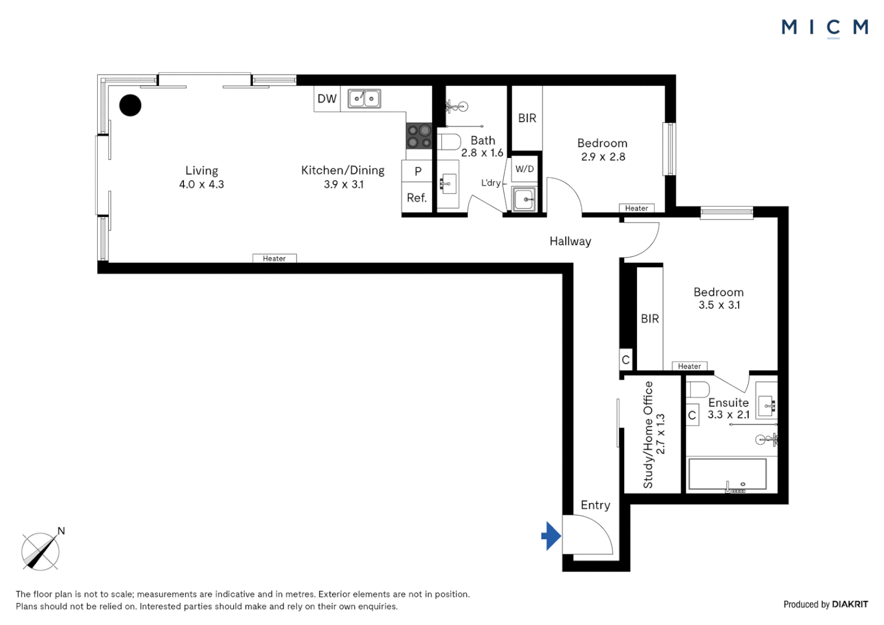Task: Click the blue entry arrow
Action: (551, 536)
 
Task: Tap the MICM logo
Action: (824, 28)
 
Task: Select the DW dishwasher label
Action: (327, 98)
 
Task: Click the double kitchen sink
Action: (364, 98)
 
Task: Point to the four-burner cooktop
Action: (419, 136)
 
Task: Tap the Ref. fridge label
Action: (417, 198)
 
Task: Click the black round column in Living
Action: (130, 105)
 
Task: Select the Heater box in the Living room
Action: (274, 258)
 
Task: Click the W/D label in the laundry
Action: (525, 169)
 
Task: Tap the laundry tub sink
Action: (524, 199)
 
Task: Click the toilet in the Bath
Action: (449, 142)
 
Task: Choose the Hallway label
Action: (570, 241)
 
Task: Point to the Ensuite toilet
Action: (698, 389)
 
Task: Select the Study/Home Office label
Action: (648, 434)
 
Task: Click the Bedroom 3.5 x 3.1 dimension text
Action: (719, 305)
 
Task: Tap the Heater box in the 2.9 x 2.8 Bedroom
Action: (636, 208)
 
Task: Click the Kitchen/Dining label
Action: (343, 170)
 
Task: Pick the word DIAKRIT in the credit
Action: (850, 604)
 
